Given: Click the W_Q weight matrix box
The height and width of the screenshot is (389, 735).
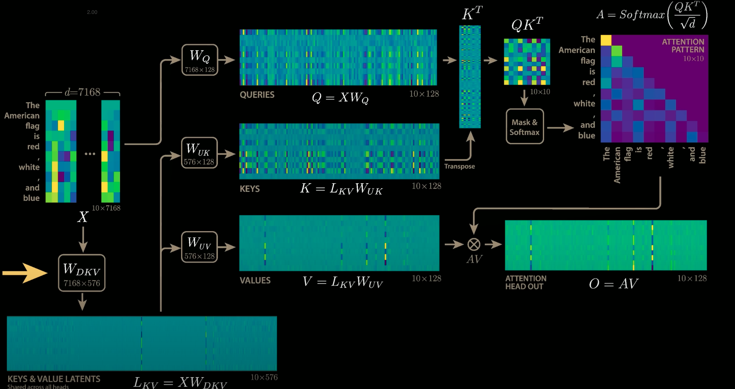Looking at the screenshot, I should point(199,60).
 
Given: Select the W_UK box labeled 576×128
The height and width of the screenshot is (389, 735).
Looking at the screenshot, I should point(199,153).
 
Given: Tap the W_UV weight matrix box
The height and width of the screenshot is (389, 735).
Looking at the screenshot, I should point(199,247).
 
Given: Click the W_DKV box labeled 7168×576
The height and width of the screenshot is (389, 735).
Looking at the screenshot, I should point(82,273).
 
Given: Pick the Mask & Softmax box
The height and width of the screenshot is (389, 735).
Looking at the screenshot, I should point(524,126).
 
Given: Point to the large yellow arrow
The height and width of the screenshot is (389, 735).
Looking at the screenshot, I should point(25,273).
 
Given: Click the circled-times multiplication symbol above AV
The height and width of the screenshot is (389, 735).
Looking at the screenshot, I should point(474,245).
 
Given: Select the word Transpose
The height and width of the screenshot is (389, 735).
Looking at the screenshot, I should point(459,166).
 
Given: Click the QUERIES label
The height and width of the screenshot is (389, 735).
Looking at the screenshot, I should point(257,95).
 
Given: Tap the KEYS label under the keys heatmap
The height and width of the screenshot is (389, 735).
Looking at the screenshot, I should point(250,189).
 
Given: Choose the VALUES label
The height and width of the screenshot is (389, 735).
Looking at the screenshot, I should point(255,281).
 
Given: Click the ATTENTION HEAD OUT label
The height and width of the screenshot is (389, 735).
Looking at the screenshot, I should point(526,282).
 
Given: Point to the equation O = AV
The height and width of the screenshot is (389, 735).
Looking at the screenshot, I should point(613,284).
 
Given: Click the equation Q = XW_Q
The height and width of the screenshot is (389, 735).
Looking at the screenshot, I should point(340,98).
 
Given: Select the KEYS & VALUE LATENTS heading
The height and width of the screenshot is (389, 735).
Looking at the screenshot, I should point(54,379).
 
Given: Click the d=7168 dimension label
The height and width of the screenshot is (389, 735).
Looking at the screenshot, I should point(83,92).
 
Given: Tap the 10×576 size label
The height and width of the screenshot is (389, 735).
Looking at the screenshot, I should point(264,377).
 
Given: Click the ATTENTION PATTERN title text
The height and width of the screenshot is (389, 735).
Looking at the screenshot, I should point(683,46).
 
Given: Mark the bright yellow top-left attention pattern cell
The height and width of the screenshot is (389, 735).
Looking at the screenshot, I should point(606,40).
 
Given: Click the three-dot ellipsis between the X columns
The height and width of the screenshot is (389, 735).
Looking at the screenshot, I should point(90,154).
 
